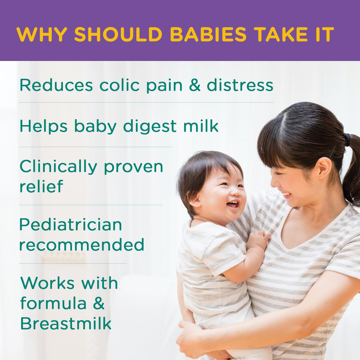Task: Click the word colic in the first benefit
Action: coord(119,85)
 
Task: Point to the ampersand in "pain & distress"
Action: coord(195,85)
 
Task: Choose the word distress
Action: coord(240,85)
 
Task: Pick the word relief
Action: coord(41,186)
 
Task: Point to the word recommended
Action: coord(82,244)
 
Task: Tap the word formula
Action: coord(53,303)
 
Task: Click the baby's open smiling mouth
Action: coord(232,204)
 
